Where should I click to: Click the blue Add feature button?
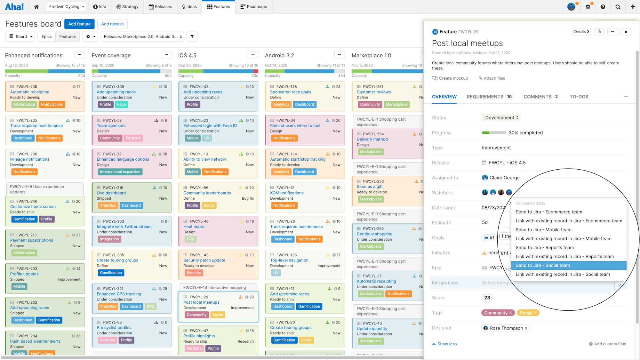(x=79, y=24)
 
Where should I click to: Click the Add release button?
(x=112, y=24)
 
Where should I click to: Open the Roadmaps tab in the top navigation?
(x=253, y=7)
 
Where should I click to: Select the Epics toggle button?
(x=46, y=37)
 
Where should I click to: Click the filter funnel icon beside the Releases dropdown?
(x=192, y=37)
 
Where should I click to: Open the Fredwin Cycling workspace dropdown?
(x=67, y=7)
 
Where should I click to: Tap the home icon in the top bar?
(x=36, y=7)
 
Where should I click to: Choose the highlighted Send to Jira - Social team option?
(x=543, y=266)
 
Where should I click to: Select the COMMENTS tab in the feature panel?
(x=538, y=97)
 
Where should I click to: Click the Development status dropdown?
(x=501, y=118)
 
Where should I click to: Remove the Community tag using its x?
(x=511, y=313)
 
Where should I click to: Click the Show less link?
(x=447, y=344)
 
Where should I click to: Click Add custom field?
(x=608, y=344)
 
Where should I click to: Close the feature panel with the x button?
(x=626, y=32)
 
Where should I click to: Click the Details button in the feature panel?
(x=581, y=32)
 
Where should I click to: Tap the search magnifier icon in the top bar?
(x=618, y=7)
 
